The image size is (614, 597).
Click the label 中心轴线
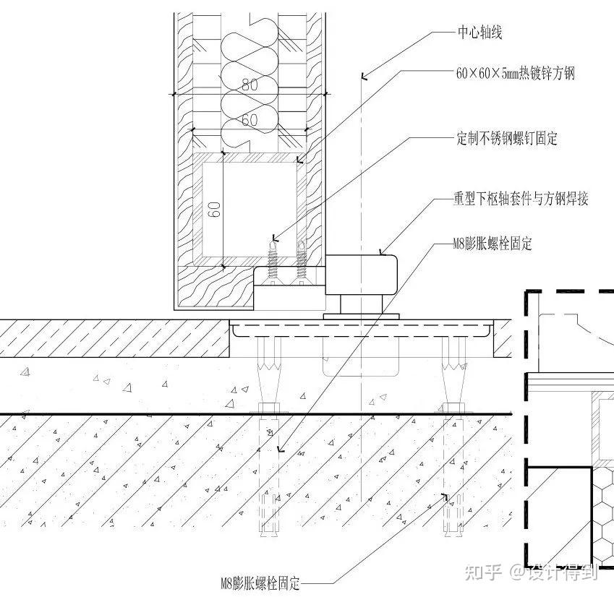[479, 33]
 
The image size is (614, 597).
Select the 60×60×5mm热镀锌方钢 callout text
[516, 73]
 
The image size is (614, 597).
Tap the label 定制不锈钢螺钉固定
[507, 139]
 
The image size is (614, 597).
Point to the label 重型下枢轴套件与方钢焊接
[521, 198]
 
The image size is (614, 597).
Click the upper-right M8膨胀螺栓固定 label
[493, 244]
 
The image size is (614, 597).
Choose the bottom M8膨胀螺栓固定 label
[260, 584]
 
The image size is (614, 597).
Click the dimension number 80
[250, 85]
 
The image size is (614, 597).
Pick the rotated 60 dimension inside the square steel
[214, 210]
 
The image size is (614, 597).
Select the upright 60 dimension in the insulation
[250, 119]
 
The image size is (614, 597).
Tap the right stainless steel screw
[301, 262]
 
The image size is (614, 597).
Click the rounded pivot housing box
[362, 275]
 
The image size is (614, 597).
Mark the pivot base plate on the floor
[361, 317]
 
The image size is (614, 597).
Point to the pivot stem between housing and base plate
[361, 304]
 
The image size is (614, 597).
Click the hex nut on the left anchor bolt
[270, 408]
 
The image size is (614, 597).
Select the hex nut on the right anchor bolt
[454, 408]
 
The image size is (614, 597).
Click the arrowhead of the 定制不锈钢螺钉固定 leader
[274, 238]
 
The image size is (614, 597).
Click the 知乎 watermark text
[484, 572]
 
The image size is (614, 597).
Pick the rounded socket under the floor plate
[361, 357]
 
